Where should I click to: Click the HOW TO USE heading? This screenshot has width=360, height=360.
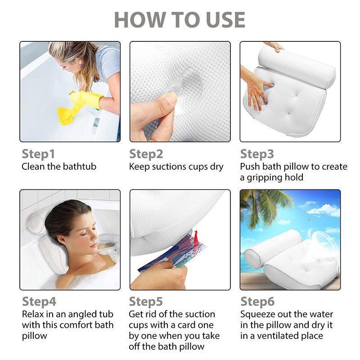pos(180,20)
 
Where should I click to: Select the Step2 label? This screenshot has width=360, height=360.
pos(146,154)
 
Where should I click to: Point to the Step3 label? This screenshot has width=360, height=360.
pos(257,154)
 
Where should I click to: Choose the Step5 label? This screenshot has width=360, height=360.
pos(146,302)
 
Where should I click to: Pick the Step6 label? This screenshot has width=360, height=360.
pos(257,302)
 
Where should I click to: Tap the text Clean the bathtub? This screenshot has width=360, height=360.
pos(59,166)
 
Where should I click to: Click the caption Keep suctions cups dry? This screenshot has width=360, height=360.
pos(176,166)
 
